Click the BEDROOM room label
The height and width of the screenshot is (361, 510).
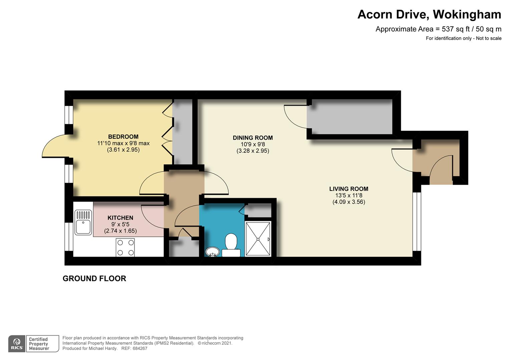[x=123, y=137]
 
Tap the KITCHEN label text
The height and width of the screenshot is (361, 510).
[x=120, y=218]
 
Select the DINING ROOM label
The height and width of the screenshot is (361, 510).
[x=253, y=138]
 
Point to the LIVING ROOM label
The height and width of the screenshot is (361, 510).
[x=348, y=189]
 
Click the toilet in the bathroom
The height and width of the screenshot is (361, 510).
[x=231, y=245]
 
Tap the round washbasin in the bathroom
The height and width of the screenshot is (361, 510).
[x=212, y=252]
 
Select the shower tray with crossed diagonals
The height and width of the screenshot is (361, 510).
[x=258, y=239]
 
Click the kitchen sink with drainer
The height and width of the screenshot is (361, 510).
[x=83, y=223]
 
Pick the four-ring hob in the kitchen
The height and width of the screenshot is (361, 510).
[x=125, y=247]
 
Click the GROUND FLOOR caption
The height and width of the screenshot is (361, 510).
[x=94, y=278]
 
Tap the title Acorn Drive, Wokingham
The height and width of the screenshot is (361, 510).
[x=429, y=14]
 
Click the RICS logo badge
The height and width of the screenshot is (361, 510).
[x=17, y=344]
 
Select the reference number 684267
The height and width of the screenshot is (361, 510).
[x=140, y=348]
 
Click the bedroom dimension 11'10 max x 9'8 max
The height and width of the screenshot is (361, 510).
[x=123, y=143]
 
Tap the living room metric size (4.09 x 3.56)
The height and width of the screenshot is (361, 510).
[x=349, y=202]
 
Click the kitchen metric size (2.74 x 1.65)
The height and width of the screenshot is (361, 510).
[x=120, y=231]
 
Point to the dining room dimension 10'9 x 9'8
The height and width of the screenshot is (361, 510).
[x=253, y=144]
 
